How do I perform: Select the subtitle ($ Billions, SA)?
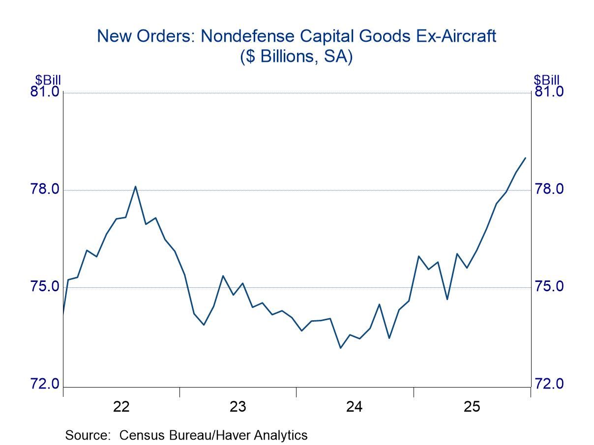coord(297,57)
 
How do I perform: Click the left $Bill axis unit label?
coord(48,80)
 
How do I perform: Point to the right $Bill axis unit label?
coord(546,80)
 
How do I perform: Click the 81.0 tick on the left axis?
coord(45,92)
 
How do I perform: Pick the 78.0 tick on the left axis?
coord(45,190)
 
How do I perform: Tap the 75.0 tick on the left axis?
coord(45,287)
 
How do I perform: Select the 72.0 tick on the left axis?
coord(45,384)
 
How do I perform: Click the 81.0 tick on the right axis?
coord(549,92)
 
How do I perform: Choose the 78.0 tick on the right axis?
coord(549,190)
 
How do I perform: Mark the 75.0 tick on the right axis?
coord(549,287)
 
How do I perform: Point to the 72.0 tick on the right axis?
coord(549,384)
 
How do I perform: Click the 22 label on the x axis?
coord(121,407)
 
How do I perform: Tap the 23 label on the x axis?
coord(238,407)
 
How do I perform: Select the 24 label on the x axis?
coord(355,407)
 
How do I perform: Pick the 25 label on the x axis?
coord(471,407)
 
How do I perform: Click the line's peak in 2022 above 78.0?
coord(135,186)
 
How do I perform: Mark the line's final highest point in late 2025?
coord(526,158)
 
